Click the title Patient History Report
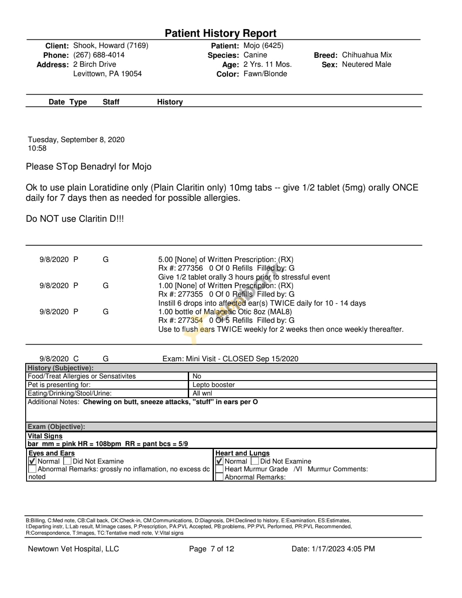(220, 33)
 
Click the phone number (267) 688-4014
(99, 55)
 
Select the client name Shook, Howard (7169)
(111, 46)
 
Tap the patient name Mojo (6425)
(264, 46)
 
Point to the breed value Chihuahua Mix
(367, 55)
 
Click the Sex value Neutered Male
(366, 65)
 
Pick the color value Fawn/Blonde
(265, 74)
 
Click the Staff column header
(111, 102)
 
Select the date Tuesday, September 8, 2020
(76, 140)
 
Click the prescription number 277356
(190, 268)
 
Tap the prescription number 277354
(190, 320)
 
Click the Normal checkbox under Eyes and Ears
(33, 461)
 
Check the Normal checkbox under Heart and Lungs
(219, 461)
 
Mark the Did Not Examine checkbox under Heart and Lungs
(255, 461)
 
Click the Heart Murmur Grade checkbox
(219, 469)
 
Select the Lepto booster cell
(213, 385)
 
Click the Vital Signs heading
(45, 436)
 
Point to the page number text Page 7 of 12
(211, 549)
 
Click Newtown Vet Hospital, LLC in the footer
(73, 549)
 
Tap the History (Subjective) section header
(60, 368)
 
